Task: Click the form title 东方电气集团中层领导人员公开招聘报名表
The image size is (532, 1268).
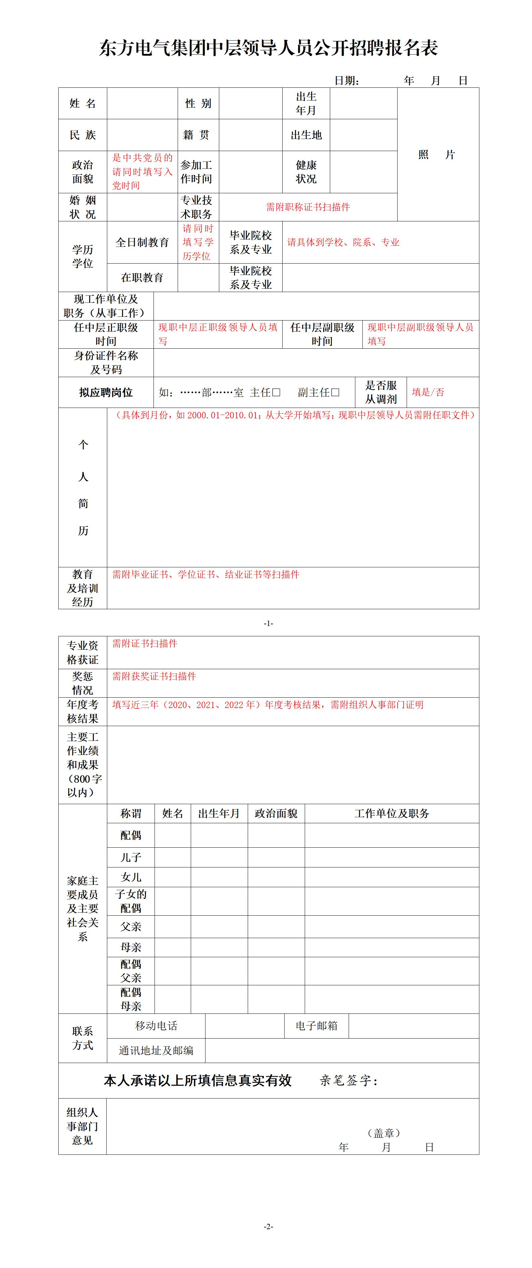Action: [269, 48]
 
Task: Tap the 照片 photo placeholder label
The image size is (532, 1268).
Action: [436, 154]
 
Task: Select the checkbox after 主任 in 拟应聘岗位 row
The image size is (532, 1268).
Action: [276, 392]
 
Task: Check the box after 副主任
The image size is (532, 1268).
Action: [336, 392]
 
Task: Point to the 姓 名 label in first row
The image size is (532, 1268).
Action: [83, 103]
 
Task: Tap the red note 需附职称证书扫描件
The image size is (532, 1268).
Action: [308, 207]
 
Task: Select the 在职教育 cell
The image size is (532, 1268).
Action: [142, 278]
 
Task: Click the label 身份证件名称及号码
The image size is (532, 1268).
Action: [106, 363]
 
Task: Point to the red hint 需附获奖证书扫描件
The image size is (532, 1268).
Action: [154, 676]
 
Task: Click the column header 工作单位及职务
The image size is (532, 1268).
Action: [392, 814]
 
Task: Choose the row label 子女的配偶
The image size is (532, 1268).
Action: [131, 901]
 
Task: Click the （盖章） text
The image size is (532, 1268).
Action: [384, 1133]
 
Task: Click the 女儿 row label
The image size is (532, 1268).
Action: [131, 877]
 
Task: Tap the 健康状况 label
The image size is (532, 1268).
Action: [306, 172]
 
